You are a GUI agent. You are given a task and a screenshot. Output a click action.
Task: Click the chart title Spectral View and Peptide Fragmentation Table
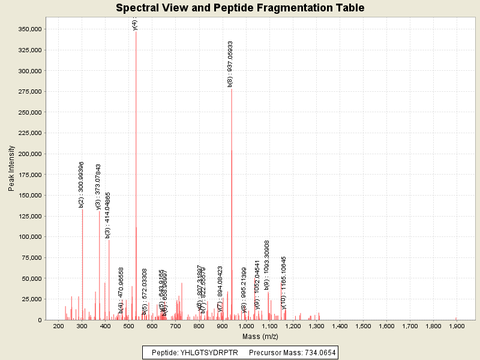pos(240,8)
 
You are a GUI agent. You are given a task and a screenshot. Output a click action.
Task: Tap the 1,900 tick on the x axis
pos(457,326)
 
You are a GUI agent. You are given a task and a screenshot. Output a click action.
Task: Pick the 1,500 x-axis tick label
pos(363,326)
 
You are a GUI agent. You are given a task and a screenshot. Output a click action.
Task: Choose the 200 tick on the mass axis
pos(59,326)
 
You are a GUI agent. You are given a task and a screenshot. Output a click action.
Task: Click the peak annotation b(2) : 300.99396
pos(81,184)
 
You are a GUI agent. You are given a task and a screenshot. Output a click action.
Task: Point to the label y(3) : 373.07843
pos(98,187)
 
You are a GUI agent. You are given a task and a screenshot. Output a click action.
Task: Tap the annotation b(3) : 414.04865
pos(108,215)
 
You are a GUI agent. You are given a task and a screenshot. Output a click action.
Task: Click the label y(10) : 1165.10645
pos(284,283)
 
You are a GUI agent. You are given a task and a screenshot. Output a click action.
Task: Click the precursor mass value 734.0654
pos(318,352)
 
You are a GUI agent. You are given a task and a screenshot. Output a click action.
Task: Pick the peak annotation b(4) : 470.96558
pos(121,290)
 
